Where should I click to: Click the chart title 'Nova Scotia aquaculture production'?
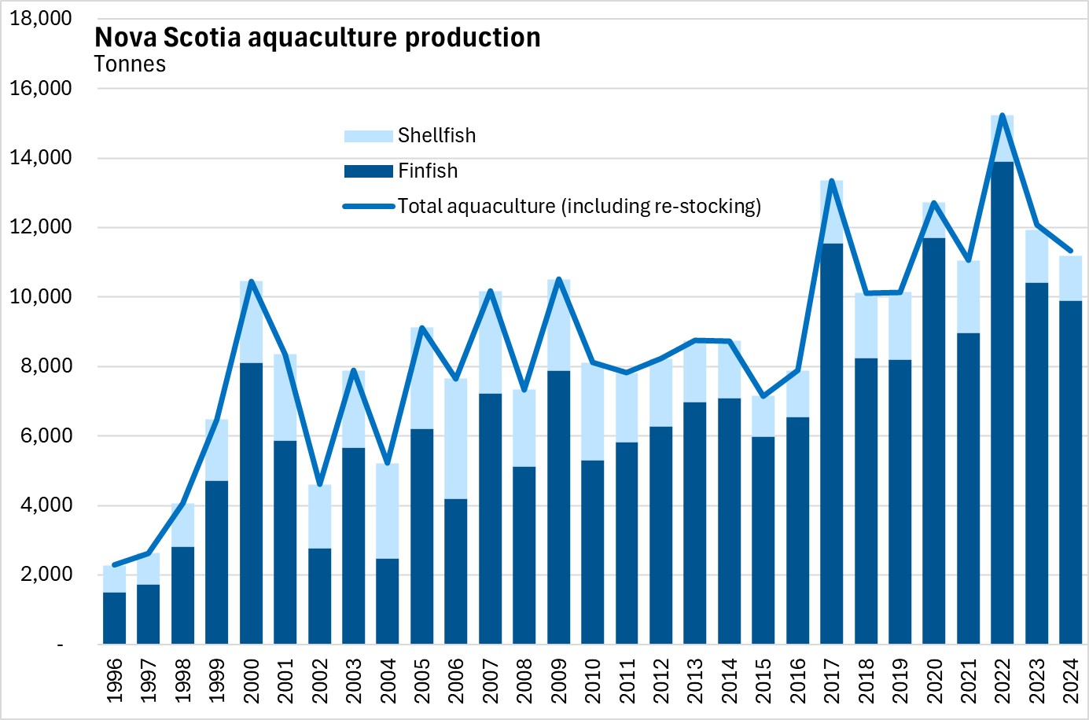pyautogui.click(x=317, y=38)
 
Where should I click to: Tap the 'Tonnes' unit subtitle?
pyautogui.click(x=130, y=64)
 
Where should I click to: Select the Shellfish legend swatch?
pyautogui.click(x=368, y=136)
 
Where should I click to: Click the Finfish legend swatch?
pyautogui.click(x=368, y=171)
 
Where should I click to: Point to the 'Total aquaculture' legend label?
pyautogui.click(x=579, y=207)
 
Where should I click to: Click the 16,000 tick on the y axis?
pyautogui.click(x=40, y=88)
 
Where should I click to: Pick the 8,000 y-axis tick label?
pyautogui.click(x=44, y=366)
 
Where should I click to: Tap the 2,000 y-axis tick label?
pyautogui.click(x=44, y=575)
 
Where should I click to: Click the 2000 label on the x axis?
pyautogui.click(x=252, y=681)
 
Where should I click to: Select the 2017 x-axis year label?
pyautogui.click(x=832, y=681)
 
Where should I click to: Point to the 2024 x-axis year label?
pyautogui.click(x=1071, y=681)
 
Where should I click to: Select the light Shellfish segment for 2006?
pyautogui.click(x=456, y=439)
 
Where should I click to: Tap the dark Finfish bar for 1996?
pyautogui.click(x=115, y=618)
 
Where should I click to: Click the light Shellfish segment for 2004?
pyautogui.click(x=388, y=511)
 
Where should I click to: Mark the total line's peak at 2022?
pyautogui.click(x=1003, y=116)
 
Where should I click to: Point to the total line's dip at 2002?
pyautogui.click(x=319, y=484)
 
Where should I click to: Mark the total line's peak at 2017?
pyautogui.click(x=832, y=182)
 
